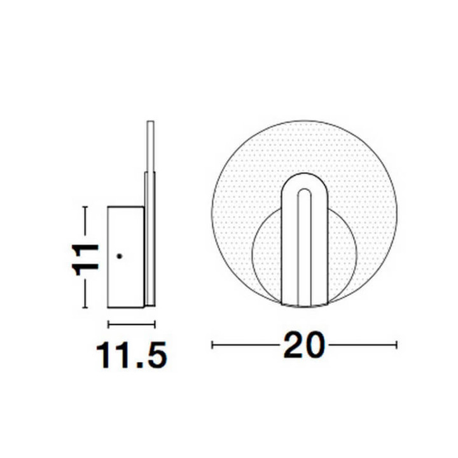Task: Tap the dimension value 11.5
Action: tap(132, 355)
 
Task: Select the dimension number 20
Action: tap(304, 345)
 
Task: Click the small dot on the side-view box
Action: tap(119, 256)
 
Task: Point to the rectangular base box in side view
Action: tap(125, 257)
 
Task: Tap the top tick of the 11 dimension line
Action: tap(85, 207)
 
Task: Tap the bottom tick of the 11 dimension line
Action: tap(85, 307)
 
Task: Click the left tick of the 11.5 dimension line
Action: tap(108, 324)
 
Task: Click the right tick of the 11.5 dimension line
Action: tap(155, 324)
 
